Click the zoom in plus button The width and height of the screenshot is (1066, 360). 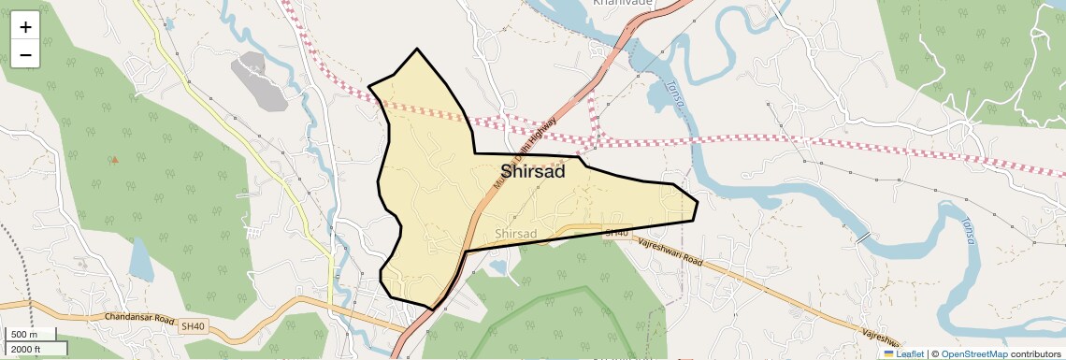[25, 26]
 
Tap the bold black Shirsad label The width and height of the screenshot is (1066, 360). [532, 172]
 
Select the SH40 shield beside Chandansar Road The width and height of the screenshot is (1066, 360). [192, 326]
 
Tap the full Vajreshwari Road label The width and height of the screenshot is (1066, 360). [670, 251]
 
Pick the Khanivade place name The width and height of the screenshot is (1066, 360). [623, 3]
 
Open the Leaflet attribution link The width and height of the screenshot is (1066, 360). [903, 353]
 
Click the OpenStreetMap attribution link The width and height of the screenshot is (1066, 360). [974, 353]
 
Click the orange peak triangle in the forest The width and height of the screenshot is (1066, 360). [115, 159]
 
